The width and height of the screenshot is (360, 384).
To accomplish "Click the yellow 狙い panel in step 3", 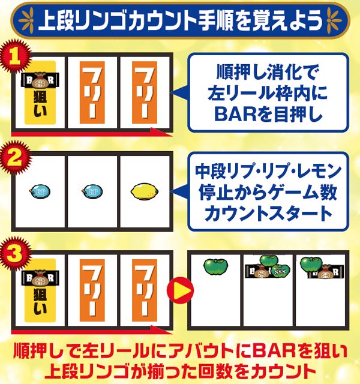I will (40, 287).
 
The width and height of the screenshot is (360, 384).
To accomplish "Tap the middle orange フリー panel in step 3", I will (92, 290).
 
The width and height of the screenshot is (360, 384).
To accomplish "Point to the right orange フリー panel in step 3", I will (145, 290).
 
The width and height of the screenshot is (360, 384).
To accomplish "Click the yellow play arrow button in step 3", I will (183, 293).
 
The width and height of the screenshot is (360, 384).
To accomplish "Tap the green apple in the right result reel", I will (311, 265).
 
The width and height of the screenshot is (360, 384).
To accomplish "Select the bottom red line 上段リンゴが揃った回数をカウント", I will (180, 370).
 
